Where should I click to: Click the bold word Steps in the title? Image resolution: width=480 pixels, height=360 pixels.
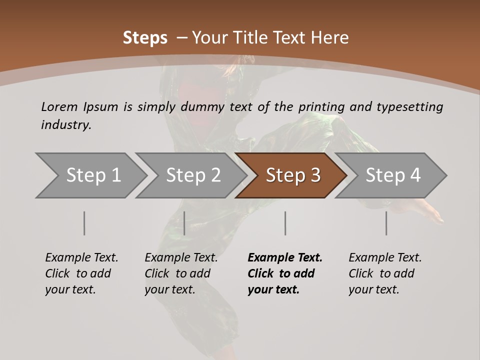145,38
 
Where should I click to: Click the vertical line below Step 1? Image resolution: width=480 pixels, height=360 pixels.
84,223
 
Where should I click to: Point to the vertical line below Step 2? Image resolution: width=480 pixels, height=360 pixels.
184,223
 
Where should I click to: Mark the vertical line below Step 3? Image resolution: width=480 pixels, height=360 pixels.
285,223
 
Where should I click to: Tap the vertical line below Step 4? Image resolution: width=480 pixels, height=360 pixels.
386,223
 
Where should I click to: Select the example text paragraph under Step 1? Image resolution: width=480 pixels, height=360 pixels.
81,273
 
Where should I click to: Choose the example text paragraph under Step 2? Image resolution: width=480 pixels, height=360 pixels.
181,273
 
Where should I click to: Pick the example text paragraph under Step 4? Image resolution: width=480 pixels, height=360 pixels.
384,273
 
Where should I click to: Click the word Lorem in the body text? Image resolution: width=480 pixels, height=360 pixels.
59,107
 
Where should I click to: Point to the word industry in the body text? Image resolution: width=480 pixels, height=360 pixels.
66,125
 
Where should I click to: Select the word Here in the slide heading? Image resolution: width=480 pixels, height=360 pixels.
330,38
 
